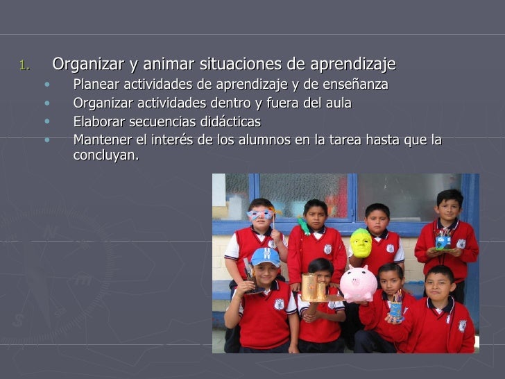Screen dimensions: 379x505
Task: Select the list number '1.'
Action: [x=25, y=67]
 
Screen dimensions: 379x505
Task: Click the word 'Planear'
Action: [x=96, y=85]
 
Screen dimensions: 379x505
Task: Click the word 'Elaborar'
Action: [x=97, y=122]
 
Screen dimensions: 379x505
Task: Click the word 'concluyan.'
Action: [x=105, y=155]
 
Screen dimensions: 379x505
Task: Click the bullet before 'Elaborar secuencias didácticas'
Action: [x=46, y=121]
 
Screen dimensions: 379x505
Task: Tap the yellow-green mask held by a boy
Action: [x=360, y=243]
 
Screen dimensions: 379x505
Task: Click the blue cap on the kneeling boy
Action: [x=265, y=256]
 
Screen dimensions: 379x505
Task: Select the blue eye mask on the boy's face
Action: [x=260, y=214]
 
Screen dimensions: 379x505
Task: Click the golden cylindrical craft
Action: [x=313, y=286]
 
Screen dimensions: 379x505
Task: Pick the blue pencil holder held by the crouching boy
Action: [x=395, y=308]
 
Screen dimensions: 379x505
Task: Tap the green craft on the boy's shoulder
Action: [x=304, y=226]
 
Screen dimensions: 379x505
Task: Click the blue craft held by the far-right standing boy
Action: [x=443, y=241]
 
